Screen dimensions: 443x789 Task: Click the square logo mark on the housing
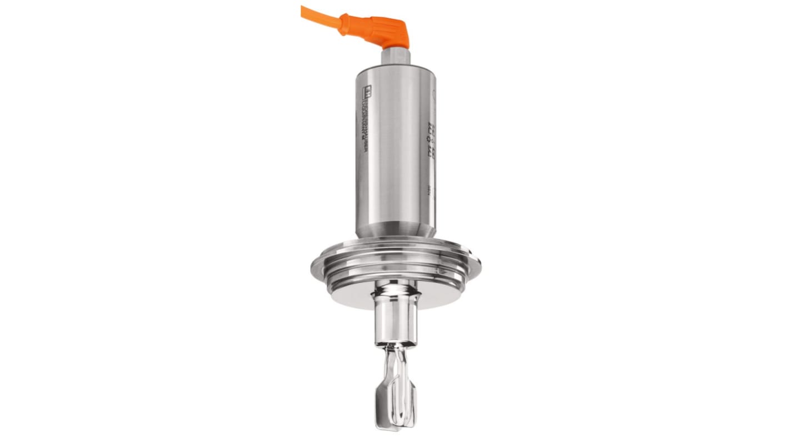(367, 90)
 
